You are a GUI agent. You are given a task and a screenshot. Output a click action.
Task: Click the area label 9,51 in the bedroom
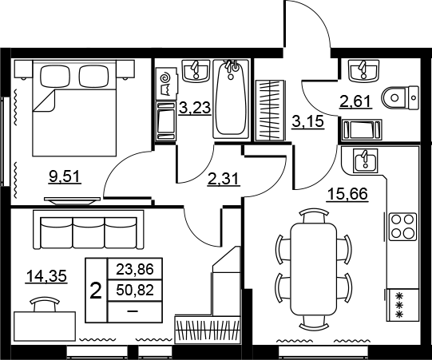pos(65,176)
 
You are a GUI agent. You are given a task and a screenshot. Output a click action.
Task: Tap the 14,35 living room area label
pos(46,276)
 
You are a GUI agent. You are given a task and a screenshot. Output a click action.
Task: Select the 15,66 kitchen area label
pos(347,194)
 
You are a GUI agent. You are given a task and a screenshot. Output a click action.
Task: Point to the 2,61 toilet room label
pos(355,101)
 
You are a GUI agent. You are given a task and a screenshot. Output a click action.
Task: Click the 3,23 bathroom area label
pos(195,108)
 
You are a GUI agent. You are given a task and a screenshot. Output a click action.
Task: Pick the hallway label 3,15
pos(307,121)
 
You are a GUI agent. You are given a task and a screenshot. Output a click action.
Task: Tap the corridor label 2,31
pos(224,180)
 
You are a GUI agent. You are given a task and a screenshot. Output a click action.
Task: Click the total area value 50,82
pos(135,290)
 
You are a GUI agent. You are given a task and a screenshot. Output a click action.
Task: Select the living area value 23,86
pos(135,269)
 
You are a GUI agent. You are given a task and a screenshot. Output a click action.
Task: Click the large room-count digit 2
pos(96,291)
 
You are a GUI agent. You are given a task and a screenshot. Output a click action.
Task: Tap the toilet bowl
pos(401,97)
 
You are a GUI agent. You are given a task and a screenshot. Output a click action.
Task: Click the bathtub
pos(231,99)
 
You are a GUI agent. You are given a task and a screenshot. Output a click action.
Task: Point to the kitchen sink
pos(366,161)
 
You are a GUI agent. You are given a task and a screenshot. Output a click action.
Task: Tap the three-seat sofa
pos(89,230)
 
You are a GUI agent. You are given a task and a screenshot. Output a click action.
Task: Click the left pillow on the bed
pos(55,76)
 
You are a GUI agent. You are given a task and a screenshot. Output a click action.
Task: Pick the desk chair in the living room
pos(45,304)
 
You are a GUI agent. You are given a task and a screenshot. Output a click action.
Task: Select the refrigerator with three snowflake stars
pos(402,305)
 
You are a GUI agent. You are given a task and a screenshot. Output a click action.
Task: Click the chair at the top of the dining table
pos(314,216)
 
